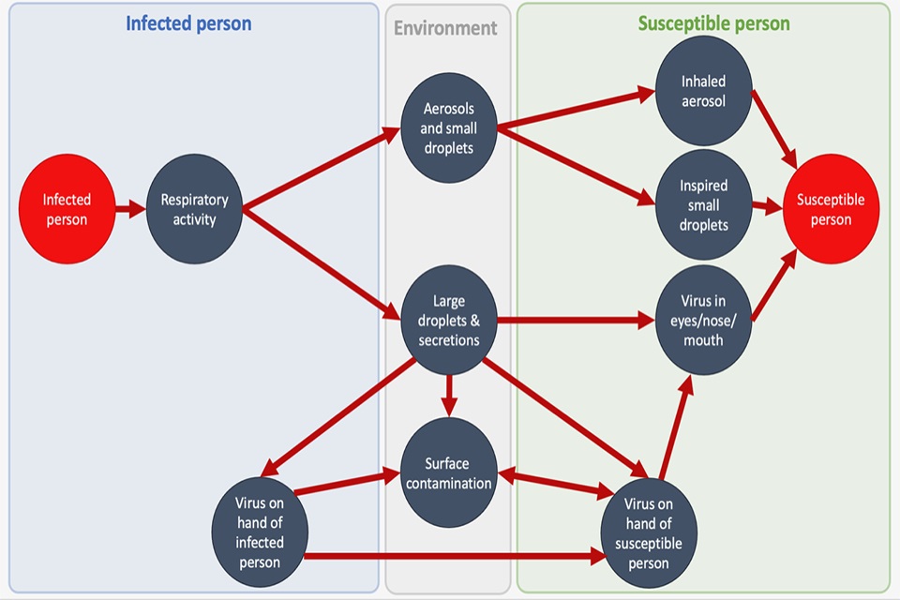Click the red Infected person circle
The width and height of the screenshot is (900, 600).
click(x=67, y=210)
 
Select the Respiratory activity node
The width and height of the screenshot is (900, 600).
click(x=195, y=210)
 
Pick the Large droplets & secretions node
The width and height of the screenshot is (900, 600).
click(x=449, y=320)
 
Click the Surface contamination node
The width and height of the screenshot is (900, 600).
click(x=449, y=473)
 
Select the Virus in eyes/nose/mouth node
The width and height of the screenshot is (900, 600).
click(x=702, y=320)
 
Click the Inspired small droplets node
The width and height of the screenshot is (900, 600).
click(x=703, y=204)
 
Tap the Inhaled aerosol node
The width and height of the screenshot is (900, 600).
click(x=703, y=91)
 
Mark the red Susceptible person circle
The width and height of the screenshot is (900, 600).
click(x=831, y=210)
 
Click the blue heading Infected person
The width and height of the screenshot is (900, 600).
click(x=188, y=24)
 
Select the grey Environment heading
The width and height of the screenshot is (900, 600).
click(x=445, y=28)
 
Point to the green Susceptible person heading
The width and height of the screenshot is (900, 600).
click(x=713, y=24)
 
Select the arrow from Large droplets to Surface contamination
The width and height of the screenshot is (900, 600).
click(x=449, y=393)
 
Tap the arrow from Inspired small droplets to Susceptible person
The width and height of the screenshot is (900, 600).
click(x=767, y=207)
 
